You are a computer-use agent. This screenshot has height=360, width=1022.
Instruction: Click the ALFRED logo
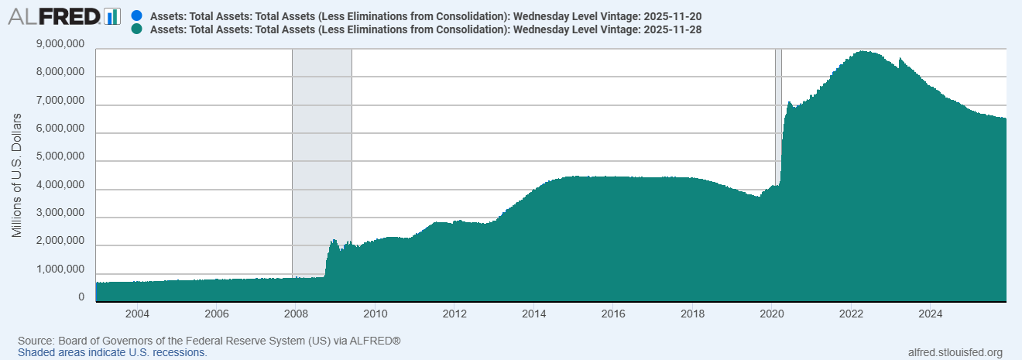(63, 16)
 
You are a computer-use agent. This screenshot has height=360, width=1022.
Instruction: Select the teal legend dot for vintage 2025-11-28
(137, 29)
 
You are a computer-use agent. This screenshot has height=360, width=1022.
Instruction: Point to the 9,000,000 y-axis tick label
(60, 45)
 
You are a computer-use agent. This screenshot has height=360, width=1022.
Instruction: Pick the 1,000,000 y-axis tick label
(60, 269)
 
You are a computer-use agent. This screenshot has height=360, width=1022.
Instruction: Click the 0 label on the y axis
(81, 297)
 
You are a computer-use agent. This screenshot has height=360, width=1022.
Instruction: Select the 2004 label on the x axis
(137, 314)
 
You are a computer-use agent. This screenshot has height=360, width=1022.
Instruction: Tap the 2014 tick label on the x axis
(533, 314)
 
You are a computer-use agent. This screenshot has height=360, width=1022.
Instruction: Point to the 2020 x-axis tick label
(772, 314)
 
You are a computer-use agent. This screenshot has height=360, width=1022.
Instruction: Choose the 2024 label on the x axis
(931, 314)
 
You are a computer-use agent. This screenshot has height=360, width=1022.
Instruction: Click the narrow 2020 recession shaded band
(778, 116)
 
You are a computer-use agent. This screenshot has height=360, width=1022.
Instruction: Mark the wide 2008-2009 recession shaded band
(321, 155)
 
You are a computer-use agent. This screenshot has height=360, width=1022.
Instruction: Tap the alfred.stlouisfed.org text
(955, 352)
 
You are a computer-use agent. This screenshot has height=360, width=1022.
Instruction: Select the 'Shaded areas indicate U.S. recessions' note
(112, 352)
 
